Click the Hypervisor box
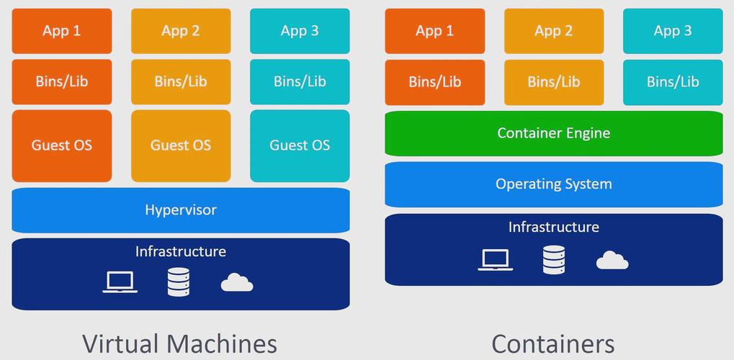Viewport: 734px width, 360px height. pyautogui.click(x=180, y=210)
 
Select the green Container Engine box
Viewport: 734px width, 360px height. pyautogui.click(x=553, y=133)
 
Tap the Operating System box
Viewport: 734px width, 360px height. pyautogui.click(x=553, y=184)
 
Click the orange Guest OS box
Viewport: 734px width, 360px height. pyautogui.click(x=62, y=145)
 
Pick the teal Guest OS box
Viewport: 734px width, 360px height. pyautogui.click(x=300, y=145)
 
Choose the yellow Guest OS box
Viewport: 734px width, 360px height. pyautogui.click(x=181, y=145)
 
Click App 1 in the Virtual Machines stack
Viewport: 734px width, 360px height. pyautogui.click(x=62, y=31)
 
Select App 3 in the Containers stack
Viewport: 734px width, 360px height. pyautogui.click(x=673, y=31)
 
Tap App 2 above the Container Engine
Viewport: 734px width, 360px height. pyautogui.click(x=554, y=31)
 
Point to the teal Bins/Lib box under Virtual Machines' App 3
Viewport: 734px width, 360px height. pyautogui.click(x=300, y=81)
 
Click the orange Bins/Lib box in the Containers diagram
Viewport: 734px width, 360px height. pyautogui.click(x=434, y=81)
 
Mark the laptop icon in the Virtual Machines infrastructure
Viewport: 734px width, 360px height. pyautogui.click(x=120, y=282)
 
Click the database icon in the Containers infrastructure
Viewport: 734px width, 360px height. pyautogui.click(x=554, y=259)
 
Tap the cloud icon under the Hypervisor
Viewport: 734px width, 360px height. pyautogui.click(x=237, y=282)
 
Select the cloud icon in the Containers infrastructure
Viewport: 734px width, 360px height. pyautogui.click(x=612, y=260)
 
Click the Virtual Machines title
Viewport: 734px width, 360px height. pyautogui.click(x=179, y=343)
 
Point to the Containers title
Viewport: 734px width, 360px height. pyautogui.click(x=553, y=343)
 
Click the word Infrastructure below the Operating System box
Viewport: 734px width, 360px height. pyautogui.click(x=553, y=228)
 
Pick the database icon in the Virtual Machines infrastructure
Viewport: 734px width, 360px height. pyautogui.click(x=179, y=282)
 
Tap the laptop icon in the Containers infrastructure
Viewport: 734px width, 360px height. pyautogui.click(x=496, y=259)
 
